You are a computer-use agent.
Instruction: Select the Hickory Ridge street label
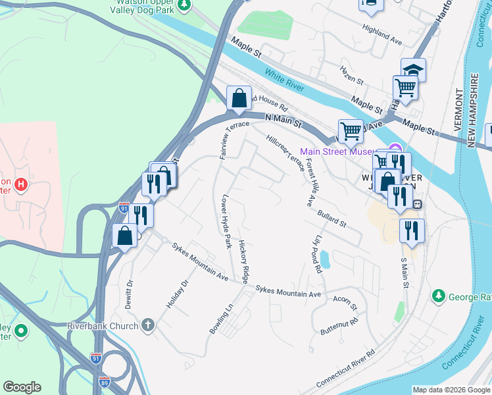(x=244, y=262)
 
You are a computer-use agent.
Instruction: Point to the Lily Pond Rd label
(x=319, y=256)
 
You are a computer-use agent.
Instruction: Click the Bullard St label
(x=331, y=219)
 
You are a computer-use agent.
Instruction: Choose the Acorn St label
(x=344, y=303)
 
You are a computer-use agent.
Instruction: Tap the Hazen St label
(x=351, y=75)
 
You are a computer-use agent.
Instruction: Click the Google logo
(x=22, y=387)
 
